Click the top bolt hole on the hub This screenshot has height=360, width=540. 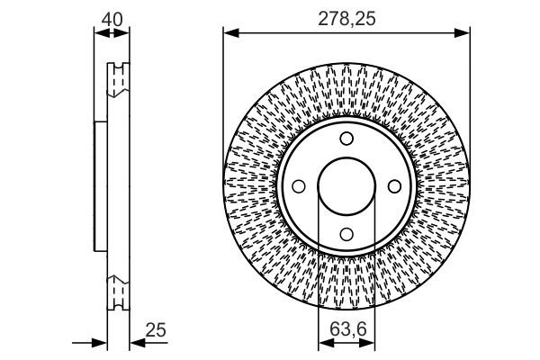(346, 139)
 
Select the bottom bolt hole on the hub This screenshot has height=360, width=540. (346, 233)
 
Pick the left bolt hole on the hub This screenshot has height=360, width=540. (300, 186)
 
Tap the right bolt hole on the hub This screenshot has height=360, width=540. (393, 186)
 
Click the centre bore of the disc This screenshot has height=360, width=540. (346, 186)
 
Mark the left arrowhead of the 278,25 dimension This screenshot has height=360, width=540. (229, 34)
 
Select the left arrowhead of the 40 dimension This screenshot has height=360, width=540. (98, 34)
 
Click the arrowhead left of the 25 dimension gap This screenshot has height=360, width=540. (102, 342)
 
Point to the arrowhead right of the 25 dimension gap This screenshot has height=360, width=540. (133, 342)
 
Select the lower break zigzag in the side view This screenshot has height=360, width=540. (117, 293)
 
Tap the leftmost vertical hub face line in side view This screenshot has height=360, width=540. (94, 186)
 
